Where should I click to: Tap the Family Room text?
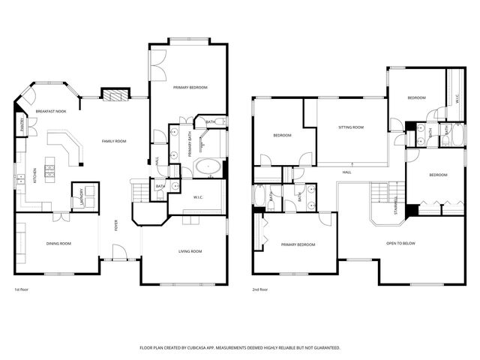[114, 141]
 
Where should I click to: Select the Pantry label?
[19, 124]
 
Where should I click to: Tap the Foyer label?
[115, 226]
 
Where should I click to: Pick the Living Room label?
[190, 251]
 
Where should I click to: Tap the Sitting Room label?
[351, 127]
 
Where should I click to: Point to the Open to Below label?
[400, 244]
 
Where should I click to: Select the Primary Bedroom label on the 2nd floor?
[298, 244]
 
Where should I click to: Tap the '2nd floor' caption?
[260, 289]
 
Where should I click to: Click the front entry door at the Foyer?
[119, 259]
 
